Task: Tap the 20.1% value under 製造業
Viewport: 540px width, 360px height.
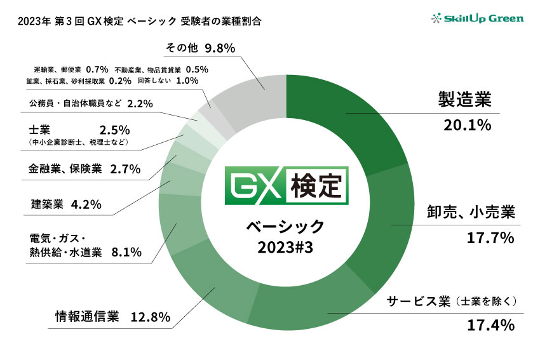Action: (x=468, y=125)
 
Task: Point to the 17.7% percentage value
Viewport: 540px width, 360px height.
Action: (x=489, y=239)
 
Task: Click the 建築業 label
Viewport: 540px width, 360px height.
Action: (x=46, y=204)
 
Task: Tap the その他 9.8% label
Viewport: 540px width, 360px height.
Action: (x=200, y=48)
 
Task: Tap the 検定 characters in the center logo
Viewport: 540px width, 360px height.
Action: (x=314, y=187)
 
